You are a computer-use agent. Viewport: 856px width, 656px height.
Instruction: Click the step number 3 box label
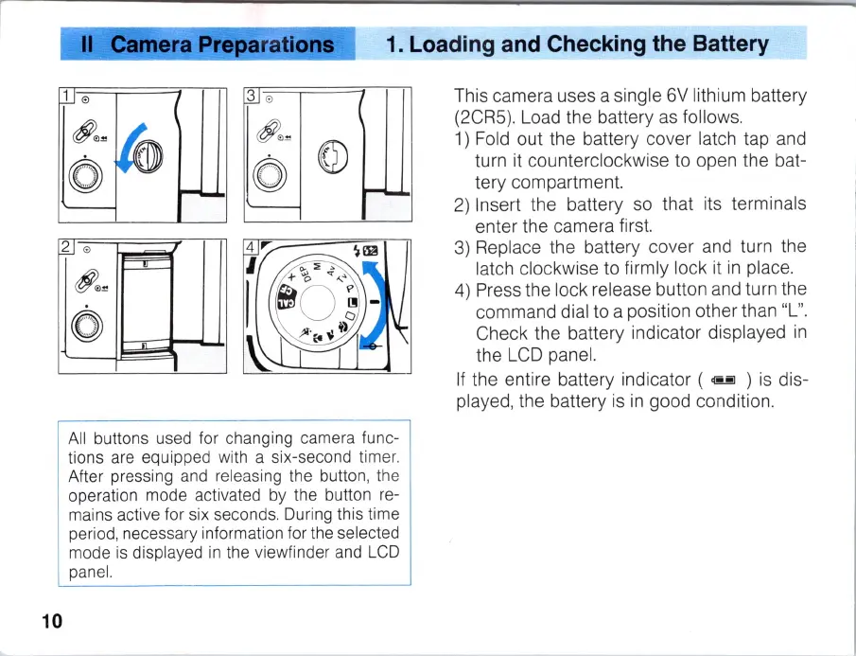click(251, 95)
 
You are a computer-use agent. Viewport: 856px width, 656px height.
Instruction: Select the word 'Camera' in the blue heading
click(153, 44)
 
